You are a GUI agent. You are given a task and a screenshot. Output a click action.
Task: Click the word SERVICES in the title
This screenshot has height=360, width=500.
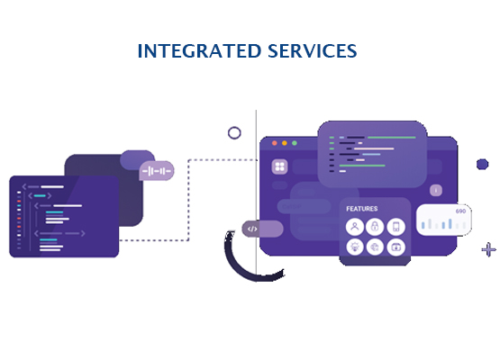pos(313,51)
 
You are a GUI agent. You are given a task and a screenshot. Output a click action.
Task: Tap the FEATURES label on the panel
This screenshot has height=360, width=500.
pos(362,209)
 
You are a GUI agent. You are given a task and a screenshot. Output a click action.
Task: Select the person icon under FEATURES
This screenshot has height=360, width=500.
pos(355,227)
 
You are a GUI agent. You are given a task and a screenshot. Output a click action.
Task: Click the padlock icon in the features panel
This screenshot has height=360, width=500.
pos(375,227)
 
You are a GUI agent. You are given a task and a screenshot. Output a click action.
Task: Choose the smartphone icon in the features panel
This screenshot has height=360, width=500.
pos(396,227)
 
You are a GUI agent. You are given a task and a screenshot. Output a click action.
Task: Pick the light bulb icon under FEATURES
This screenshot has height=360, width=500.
pos(355,247)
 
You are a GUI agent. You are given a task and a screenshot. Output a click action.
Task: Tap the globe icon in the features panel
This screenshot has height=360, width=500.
pos(375,247)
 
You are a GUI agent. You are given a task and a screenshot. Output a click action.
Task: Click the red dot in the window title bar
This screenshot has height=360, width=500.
pos(274,143)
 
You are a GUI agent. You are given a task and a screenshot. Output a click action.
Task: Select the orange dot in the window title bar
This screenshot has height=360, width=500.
pos(285,143)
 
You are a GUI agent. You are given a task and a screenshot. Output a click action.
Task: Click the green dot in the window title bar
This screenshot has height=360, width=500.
pos(295,143)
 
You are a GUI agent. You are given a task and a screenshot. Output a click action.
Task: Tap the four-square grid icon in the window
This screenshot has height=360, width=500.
pos(279,166)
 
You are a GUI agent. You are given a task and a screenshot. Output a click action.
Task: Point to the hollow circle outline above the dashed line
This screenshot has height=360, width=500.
pos(234,127)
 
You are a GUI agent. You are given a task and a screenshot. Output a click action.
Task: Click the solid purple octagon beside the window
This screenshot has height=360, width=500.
pos(483,165)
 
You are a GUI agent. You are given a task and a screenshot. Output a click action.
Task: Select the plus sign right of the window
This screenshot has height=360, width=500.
pos(488,249)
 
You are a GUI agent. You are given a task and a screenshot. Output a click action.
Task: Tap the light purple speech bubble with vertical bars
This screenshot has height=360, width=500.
pos(157,171)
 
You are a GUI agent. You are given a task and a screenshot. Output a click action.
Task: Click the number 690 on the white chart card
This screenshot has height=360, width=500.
pos(460,211)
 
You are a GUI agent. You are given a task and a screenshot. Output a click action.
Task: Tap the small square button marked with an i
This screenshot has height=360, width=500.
pos(436,190)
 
